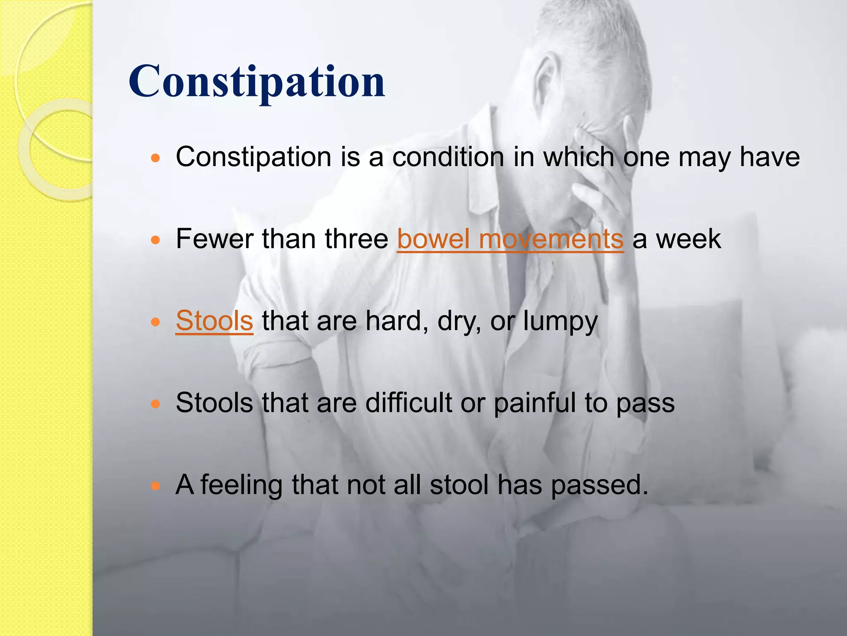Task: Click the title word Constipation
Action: [256, 82]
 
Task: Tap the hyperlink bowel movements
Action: [510, 239]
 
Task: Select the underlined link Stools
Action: [214, 320]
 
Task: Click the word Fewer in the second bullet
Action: [214, 239]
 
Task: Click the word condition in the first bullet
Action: [448, 157]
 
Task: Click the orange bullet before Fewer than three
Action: [155, 240]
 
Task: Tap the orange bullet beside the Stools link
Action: [155, 322]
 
